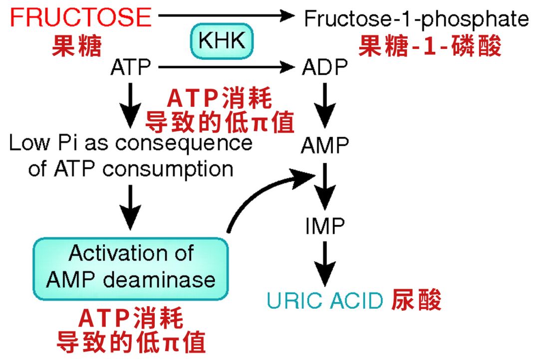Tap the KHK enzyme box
click(x=222, y=41)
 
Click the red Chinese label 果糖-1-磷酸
click(x=430, y=47)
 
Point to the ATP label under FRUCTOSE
click(x=131, y=67)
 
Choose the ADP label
click(x=324, y=67)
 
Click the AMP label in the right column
click(x=324, y=146)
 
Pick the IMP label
click(x=325, y=226)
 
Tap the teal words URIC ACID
click(x=325, y=301)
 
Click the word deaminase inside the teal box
click(x=160, y=279)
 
